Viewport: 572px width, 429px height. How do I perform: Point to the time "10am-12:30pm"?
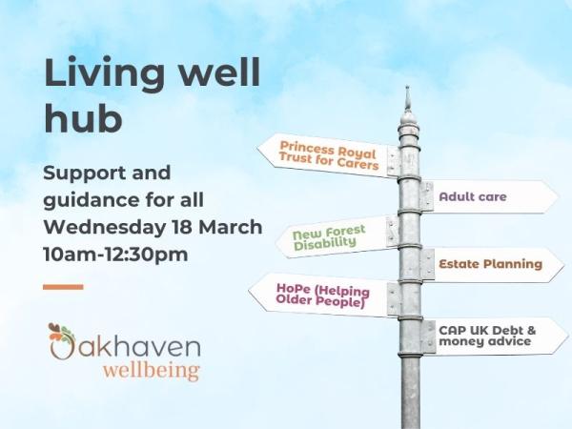114,255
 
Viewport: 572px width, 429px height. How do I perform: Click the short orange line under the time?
63,286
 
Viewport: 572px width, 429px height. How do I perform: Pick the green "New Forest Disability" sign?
336,236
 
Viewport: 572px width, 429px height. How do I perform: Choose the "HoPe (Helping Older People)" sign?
322,295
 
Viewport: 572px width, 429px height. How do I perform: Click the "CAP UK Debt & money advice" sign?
492,336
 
